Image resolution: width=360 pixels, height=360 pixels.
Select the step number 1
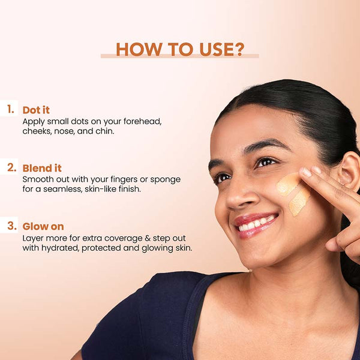11,109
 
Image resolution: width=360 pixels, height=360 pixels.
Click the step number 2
12,167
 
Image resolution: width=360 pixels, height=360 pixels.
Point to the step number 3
12,226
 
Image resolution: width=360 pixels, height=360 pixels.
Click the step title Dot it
36,110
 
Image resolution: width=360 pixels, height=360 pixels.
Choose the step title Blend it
42,168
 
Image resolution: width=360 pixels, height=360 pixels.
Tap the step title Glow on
43,226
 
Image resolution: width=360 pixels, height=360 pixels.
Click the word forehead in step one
142,121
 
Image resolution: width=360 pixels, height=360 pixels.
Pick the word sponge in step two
166,180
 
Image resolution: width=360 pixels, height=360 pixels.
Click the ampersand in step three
148,238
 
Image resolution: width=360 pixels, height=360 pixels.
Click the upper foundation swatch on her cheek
288,184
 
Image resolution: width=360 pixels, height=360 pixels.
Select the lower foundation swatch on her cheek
299,202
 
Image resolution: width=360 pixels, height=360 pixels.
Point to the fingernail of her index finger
306,172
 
